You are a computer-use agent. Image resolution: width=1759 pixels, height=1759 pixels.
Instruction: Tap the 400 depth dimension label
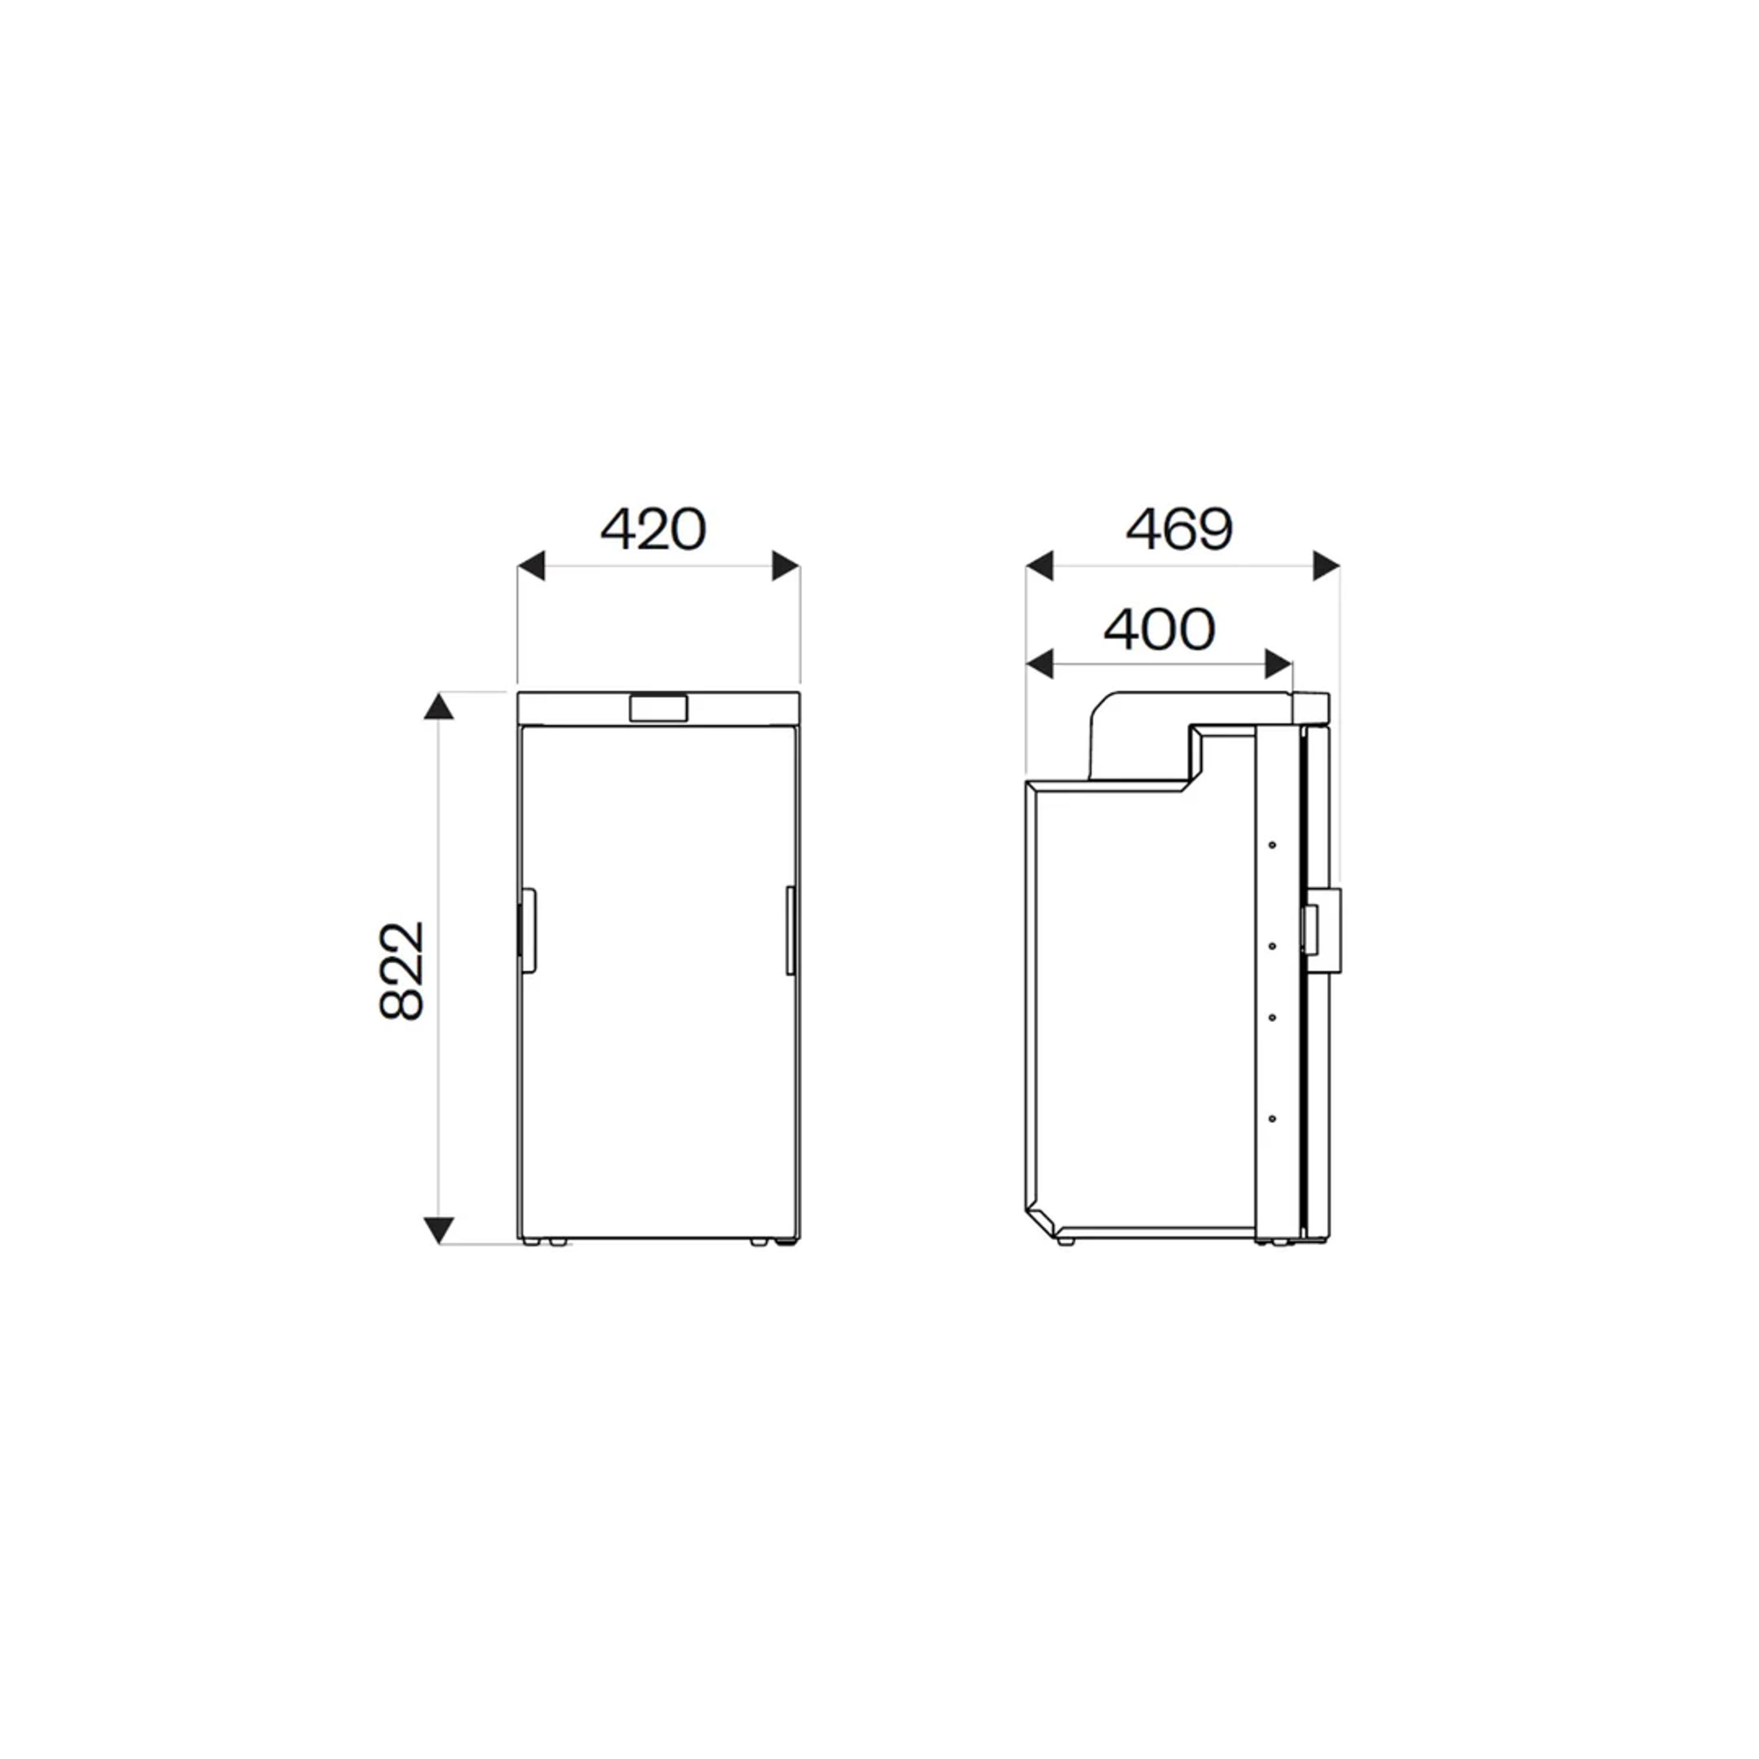[1159, 629]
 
